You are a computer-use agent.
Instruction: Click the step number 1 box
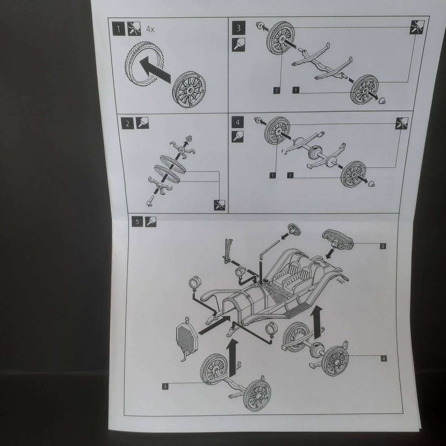coord(119,29)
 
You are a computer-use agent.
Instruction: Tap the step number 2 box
coord(127,123)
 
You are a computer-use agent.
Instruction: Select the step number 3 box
coord(239,28)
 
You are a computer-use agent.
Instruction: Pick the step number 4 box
coord(238,122)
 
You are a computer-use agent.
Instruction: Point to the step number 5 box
coord(137,222)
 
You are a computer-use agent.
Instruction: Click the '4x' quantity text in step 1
coord(150,29)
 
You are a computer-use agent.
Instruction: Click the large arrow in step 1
coord(155,70)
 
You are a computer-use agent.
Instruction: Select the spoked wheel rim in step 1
coord(189,89)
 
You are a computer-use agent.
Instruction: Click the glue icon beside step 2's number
coord(142,123)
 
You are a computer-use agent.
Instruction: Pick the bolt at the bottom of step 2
coord(149,200)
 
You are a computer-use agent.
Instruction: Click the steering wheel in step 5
coord(294,229)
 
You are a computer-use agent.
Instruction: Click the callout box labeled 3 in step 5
coord(165,387)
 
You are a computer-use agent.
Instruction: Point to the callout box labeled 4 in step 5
coord(384,359)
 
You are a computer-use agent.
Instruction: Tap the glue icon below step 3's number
coord(238,45)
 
